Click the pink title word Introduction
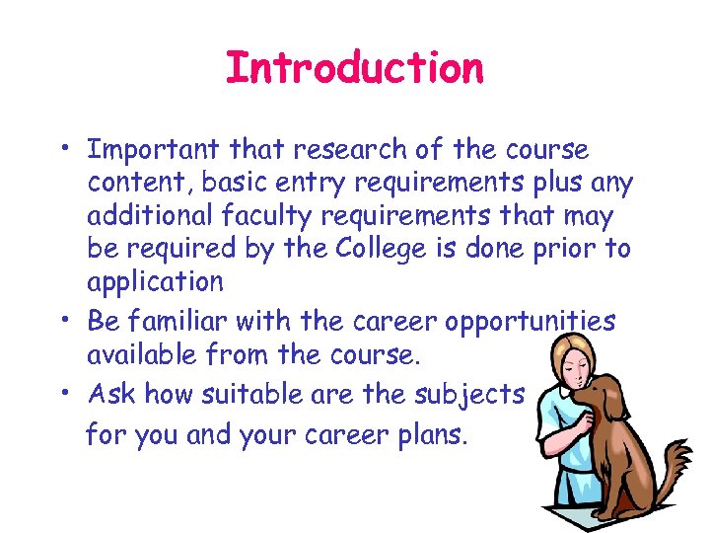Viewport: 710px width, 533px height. tap(355, 69)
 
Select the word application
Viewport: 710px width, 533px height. tap(156, 282)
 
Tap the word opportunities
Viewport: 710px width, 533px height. tap(531, 322)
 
